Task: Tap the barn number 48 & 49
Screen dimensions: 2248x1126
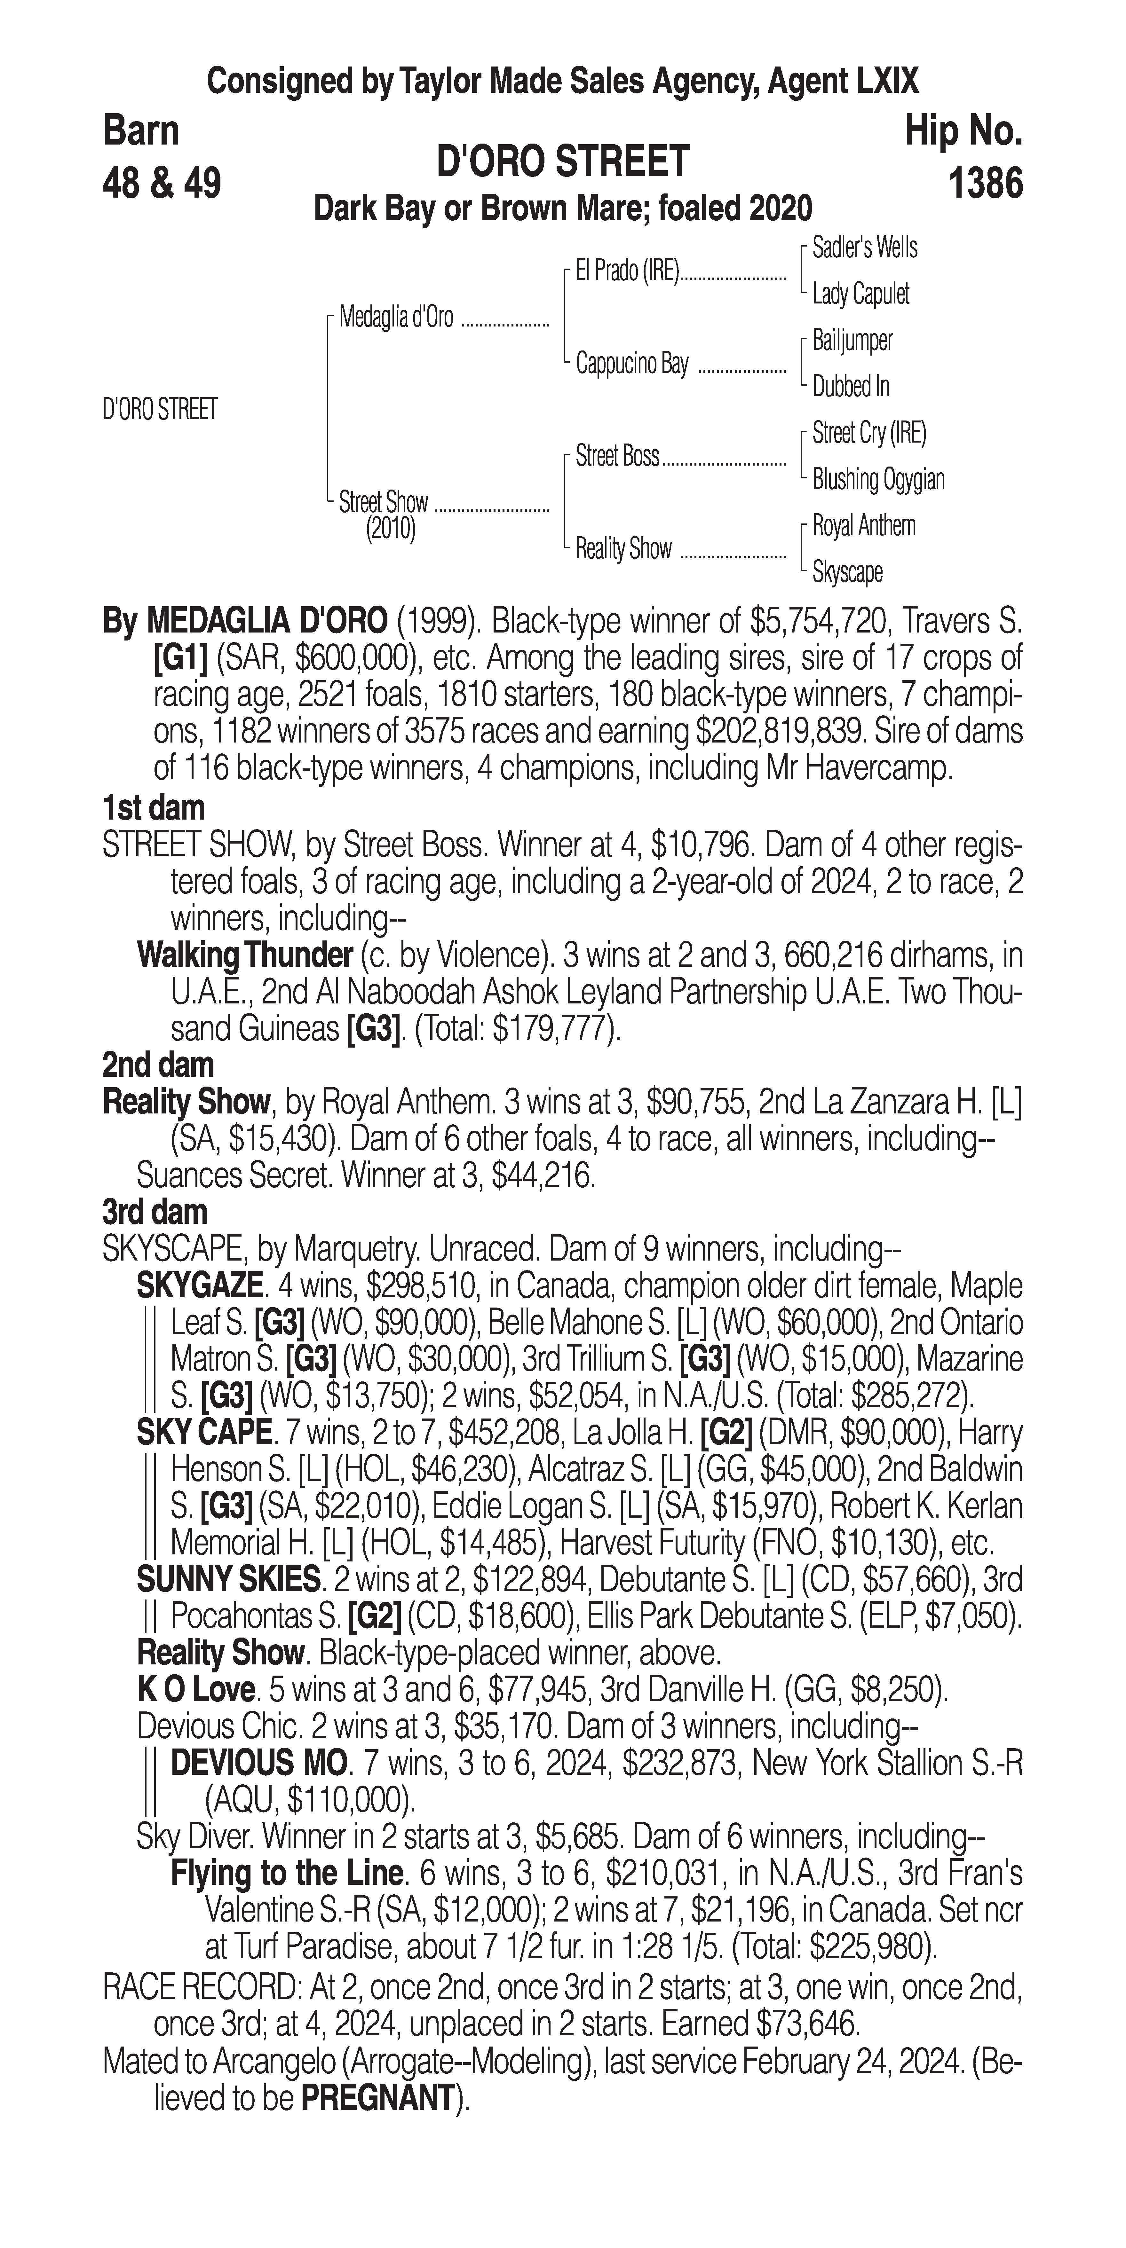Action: [x=163, y=184]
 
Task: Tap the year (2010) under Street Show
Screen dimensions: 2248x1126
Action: [x=390, y=530]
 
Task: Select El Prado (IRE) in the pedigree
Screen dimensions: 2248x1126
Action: [x=627, y=271]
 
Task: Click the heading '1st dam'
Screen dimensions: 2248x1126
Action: [x=154, y=807]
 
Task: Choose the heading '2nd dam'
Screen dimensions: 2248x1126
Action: [x=158, y=1065]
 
